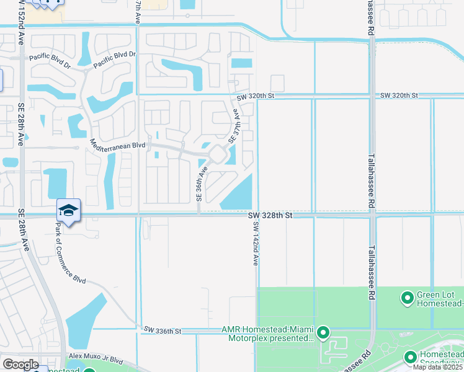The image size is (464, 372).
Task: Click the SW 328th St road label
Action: pos(270,215)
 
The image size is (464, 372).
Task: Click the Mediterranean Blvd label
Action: pos(117,144)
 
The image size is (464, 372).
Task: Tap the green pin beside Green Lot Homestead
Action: pos(408,299)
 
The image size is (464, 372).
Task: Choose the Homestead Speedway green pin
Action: pos(410,358)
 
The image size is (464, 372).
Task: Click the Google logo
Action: pos(20,365)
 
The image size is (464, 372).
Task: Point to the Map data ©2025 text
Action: pos(438,367)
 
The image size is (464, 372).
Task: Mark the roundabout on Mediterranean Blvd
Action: pos(217,153)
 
